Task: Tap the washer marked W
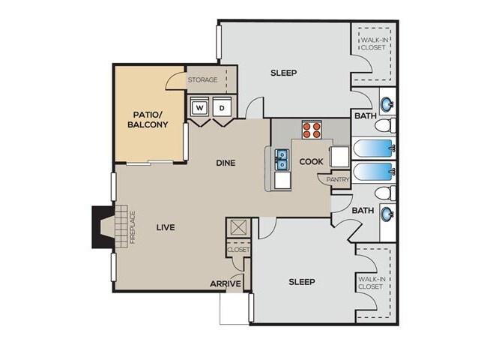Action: click(x=199, y=108)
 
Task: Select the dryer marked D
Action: click(x=223, y=108)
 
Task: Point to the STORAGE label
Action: click(x=202, y=79)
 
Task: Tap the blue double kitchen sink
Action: click(x=282, y=159)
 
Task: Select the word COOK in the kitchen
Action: click(x=311, y=161)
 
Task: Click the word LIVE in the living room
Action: click(x=166, y=226)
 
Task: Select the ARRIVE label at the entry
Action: click(x=225, y=283)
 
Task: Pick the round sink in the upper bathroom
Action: click(x=387, y=104)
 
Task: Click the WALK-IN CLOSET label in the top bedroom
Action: click(x=372, y=43)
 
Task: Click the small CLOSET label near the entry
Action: click(x=239, y=250)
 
